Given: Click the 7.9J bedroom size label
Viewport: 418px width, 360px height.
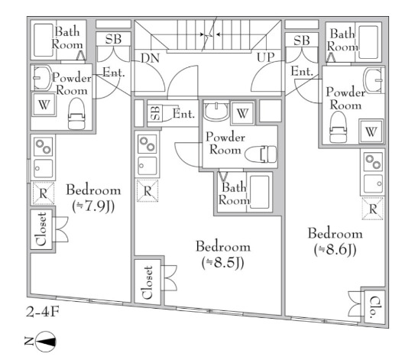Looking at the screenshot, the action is coord(93,206).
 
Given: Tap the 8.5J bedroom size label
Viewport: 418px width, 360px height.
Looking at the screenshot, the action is coord(223,263).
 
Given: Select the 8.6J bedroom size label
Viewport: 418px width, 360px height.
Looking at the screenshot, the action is coord(335,250).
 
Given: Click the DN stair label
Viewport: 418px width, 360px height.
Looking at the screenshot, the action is coord(150,58).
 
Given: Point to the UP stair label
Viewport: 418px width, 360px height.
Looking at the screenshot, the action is coord(265,57).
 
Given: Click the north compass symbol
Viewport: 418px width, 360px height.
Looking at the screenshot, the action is coord(46,342).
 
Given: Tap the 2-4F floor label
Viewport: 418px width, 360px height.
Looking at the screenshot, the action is coord(42,312).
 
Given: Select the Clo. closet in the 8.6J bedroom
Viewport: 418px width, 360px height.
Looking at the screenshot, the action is coord(374,306).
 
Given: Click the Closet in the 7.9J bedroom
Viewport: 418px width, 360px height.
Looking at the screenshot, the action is coord(42,229).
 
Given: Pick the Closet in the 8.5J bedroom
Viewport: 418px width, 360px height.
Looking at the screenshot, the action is coord(148,281).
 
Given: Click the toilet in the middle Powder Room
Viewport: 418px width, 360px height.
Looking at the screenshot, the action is coord(261,154).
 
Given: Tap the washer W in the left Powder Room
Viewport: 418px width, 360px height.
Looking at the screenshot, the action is coord(44,104).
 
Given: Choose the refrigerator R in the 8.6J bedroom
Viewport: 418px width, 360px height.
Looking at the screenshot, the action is coord(372,209).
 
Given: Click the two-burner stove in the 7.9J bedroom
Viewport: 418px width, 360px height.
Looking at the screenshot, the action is coord(44,147).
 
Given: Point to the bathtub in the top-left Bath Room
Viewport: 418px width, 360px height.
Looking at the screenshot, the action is coord(44,40).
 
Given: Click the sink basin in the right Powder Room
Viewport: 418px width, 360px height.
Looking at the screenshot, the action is coord(373,80).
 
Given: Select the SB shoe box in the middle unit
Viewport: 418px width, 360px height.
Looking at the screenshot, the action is coord(155,113).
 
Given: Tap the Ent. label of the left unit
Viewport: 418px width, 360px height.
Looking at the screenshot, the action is coord(114,73).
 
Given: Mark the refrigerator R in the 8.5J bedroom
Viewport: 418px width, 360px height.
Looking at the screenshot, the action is coord(147,190).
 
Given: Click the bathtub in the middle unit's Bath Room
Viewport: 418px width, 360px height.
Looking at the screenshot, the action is coord(259,192).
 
